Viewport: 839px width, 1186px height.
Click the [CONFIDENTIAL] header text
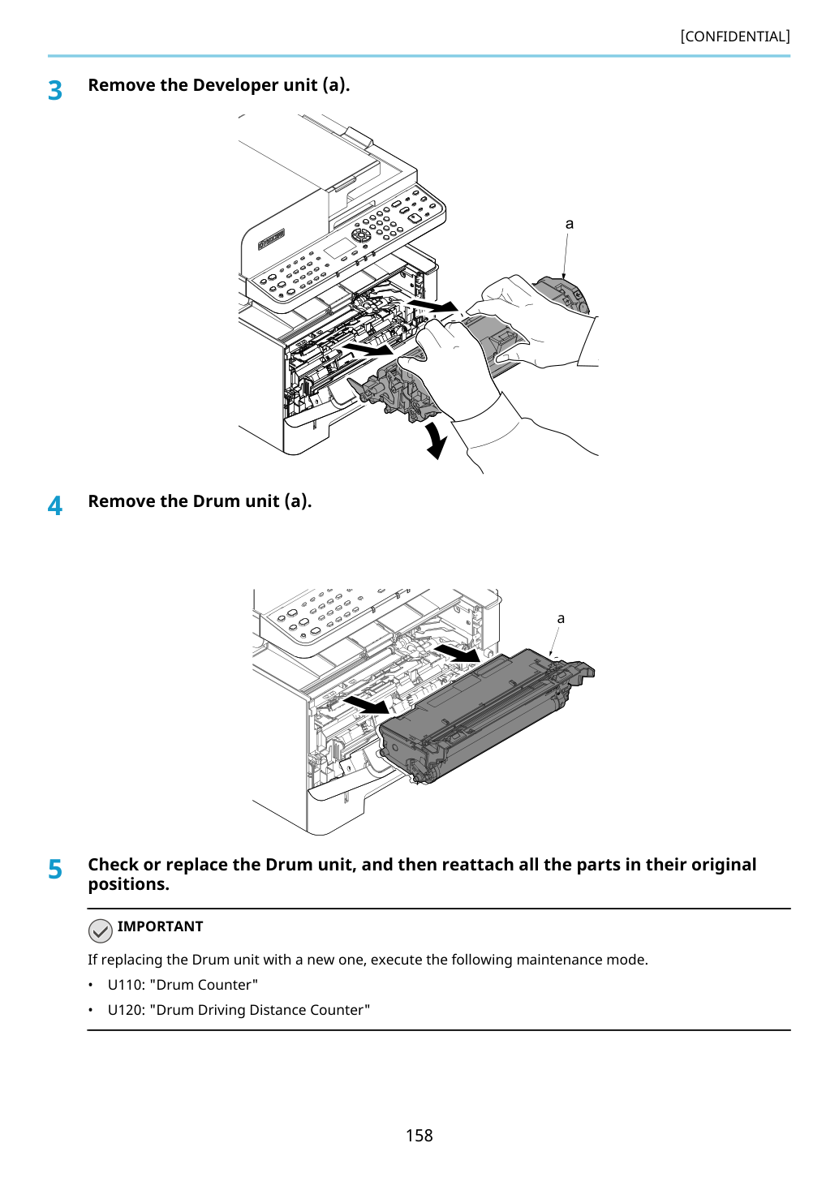734,37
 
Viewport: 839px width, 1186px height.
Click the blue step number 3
55,91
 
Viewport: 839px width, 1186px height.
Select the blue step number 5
55,870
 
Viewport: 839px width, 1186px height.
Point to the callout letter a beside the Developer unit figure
570,224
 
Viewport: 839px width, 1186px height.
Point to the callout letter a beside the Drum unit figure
561,618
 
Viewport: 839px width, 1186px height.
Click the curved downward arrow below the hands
437,440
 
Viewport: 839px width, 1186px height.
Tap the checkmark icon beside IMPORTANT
100,931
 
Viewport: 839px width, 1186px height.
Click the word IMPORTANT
160,926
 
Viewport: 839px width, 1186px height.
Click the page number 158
419,1136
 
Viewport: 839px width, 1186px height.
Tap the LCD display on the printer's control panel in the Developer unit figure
339,248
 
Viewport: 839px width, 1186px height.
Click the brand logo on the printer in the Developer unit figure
272,239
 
